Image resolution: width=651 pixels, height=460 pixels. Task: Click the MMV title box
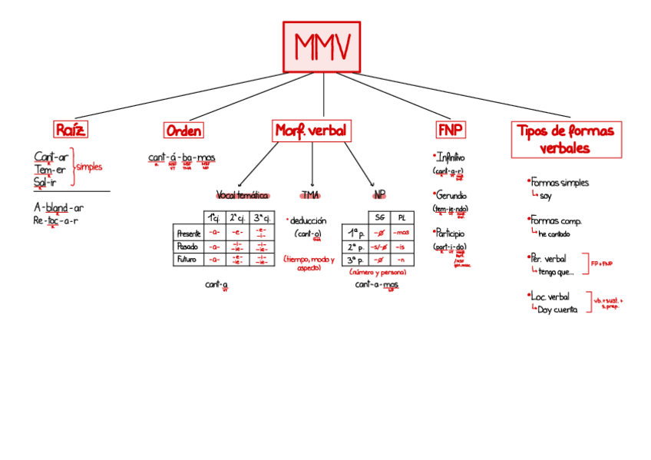[322, 47]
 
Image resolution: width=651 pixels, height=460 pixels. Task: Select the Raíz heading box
[70, 129]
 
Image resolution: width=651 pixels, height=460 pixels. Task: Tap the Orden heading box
[183, 131]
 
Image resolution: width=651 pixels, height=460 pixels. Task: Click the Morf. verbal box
[312, 131]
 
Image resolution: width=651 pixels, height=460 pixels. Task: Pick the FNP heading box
[451, 129]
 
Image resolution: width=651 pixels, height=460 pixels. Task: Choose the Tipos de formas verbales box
[566, 139]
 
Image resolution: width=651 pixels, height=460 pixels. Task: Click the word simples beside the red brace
[89, 167]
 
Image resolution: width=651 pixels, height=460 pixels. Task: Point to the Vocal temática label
[243, 195]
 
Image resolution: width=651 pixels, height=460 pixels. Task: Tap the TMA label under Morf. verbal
[310, 195]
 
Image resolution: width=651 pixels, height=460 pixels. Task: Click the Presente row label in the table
[189, 233]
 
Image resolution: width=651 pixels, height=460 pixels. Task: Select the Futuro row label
[187, 259]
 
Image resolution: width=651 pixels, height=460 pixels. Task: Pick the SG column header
[379, 217]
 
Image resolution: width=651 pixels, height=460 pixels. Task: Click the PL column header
[402, 217]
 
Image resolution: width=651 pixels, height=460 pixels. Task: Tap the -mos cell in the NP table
[402, 233]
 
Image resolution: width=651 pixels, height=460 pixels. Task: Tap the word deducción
[309, 220]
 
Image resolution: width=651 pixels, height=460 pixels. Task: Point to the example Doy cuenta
[557, 309]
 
